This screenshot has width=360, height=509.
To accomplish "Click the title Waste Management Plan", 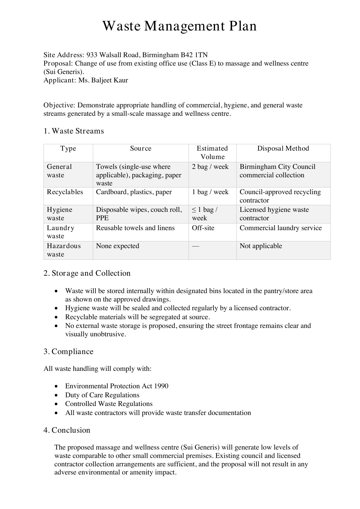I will click(180, 26).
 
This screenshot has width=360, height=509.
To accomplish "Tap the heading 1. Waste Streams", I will click(74, 131).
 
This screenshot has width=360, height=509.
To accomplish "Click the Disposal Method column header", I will click(283, 149).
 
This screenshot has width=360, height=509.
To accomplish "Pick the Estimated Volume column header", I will click(212, 153).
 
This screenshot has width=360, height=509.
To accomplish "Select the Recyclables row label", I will click(65, 192).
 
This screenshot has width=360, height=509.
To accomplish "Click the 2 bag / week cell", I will click(210, 167).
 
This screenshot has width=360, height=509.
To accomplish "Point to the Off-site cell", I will click(203, 228).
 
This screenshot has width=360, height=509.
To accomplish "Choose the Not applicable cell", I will click(261, 246).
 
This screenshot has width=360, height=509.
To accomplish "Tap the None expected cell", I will click(117, 246).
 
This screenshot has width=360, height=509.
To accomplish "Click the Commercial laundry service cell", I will click(281, 228).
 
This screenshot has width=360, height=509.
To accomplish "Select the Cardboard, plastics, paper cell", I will click(134, 192).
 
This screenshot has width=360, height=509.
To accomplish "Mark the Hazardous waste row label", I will click(64, 250).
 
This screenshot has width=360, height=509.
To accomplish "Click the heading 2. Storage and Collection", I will click(87, 273).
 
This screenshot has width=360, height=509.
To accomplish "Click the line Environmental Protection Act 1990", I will click(117, 386).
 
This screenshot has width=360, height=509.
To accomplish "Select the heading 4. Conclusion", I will click(67, 430).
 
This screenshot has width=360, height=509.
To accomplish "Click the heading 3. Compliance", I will click(68, 352).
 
